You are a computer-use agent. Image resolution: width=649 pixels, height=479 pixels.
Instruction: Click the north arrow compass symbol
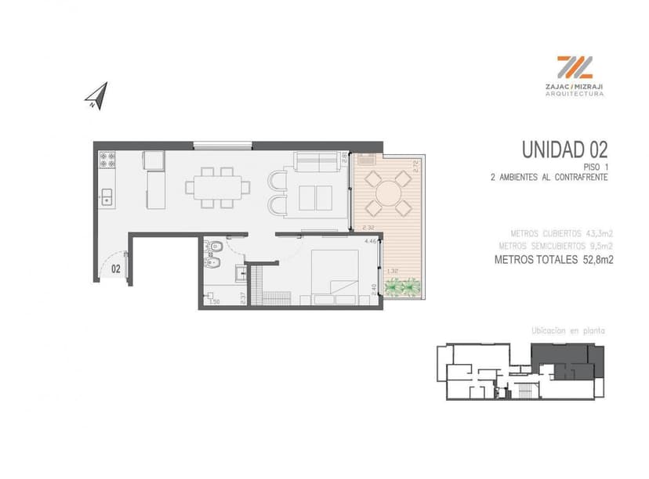coord(96,96)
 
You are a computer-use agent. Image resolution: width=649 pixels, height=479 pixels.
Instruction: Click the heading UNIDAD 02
coord(564,149)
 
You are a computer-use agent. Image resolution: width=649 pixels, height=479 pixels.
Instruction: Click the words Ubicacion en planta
coord(568,331)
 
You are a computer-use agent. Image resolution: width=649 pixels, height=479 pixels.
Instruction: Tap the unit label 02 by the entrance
coord(115,268)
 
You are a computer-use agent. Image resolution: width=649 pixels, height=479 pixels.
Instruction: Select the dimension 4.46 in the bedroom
coord(370,241)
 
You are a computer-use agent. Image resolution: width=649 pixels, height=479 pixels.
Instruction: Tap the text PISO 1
coord(596,167)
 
